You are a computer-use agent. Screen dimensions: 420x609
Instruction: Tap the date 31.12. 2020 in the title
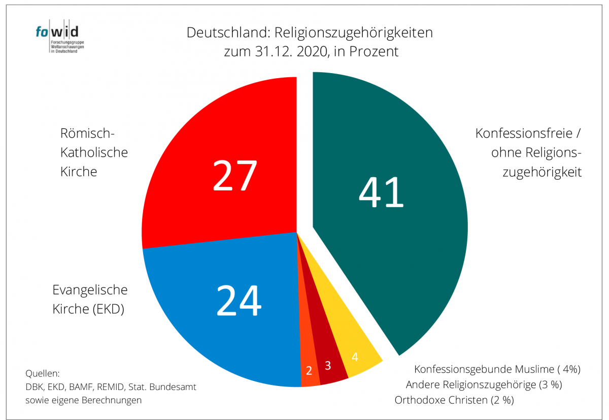[x=288, y=51]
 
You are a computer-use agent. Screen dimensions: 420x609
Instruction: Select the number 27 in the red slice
[x=235, y=176]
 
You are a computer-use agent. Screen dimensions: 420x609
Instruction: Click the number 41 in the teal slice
[x=381, y=192]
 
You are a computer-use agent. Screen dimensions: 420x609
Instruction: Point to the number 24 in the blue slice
[x=239, y=300]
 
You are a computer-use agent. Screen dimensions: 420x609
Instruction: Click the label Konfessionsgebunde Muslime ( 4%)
[x=497, y=369]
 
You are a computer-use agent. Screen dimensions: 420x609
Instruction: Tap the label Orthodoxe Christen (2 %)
[x=454, y=400]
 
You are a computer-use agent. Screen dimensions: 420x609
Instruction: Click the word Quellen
[x=43, y=374]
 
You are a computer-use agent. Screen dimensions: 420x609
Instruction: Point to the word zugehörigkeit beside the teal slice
[x=542, y=172]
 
